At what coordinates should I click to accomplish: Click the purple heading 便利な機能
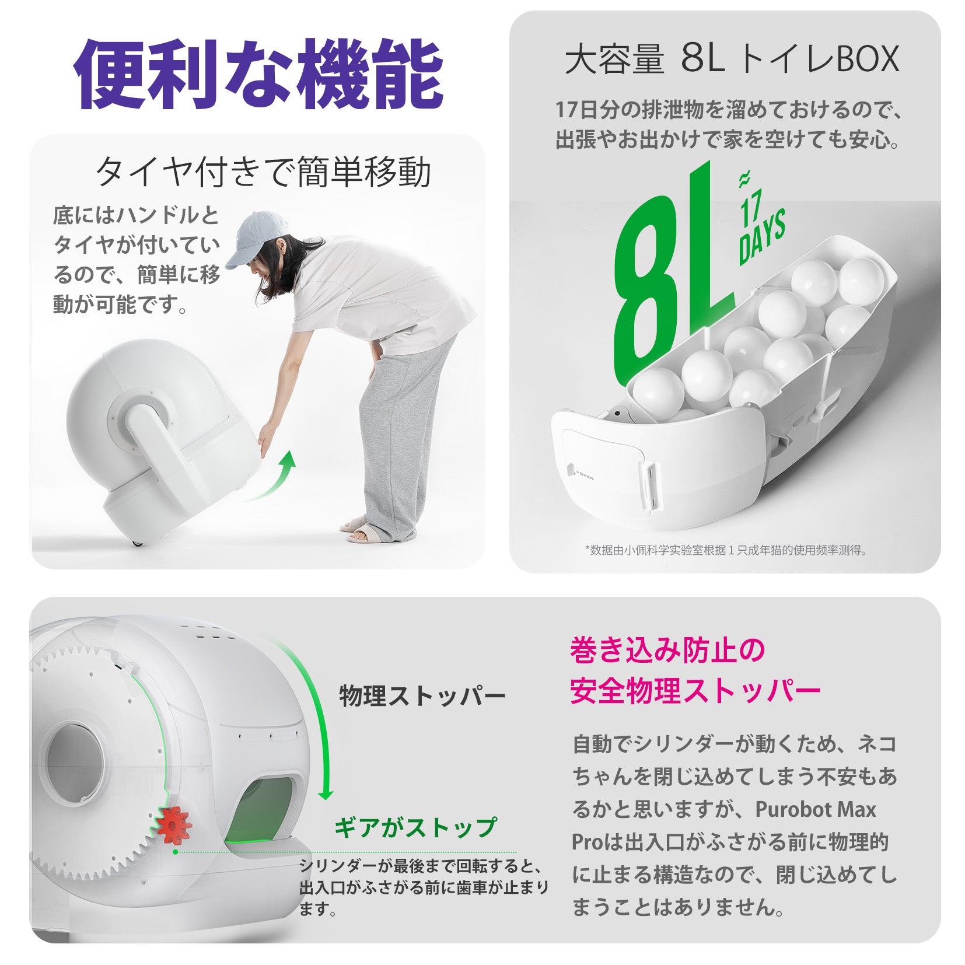(x=258, y=74)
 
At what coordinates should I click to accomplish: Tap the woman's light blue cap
(x=257, y=237)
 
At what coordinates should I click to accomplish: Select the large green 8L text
(x=671, y=274)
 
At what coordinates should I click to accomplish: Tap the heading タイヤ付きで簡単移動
(x=263, y=172)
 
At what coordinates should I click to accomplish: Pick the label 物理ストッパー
(x=422, y=695)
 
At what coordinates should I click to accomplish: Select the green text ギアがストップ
(x=415, y=827)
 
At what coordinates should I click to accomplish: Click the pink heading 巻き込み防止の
(x=667, y=651)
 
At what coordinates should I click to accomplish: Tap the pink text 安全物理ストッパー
(x=695, y=691)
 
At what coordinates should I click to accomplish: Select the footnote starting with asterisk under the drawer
(x=726, y=550)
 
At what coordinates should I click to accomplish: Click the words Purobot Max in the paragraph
(x=816, y=809)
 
